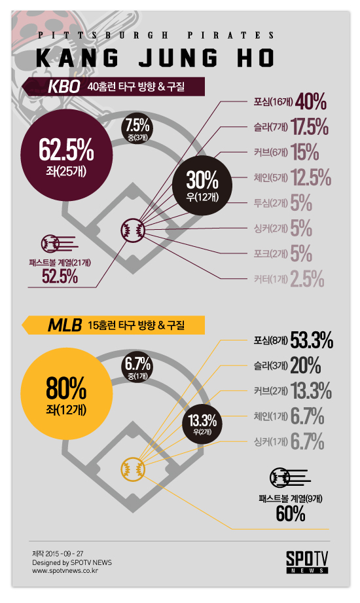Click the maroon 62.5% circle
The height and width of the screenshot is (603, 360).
coord(67,155)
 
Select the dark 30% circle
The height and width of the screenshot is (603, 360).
coord(202,185)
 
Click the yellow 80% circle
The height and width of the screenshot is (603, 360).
coord(67,394)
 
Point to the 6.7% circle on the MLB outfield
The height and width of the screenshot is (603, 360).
coord(137,367)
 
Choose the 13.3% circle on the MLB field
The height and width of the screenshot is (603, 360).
coord(202,423)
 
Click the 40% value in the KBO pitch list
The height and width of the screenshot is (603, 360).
coord(311,101)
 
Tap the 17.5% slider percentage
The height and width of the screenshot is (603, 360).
coord(310,127)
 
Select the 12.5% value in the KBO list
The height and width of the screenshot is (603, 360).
coord(311,177)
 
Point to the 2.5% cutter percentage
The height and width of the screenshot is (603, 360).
coord(307,279)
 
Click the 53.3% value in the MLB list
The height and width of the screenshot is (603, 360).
coord(312,340)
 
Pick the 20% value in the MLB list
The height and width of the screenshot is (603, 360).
coord(306,366)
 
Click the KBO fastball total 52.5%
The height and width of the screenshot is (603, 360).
coord(60,276)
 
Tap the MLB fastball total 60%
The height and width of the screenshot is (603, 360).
coord(291,514)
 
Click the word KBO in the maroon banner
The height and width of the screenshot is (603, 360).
coord(64,87)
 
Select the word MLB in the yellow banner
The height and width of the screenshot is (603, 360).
coord(65,325)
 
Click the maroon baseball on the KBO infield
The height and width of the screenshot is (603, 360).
coord(133,230)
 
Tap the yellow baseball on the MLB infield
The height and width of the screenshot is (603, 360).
coord(133,469)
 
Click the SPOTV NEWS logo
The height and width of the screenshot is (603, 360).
coord(307,562)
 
